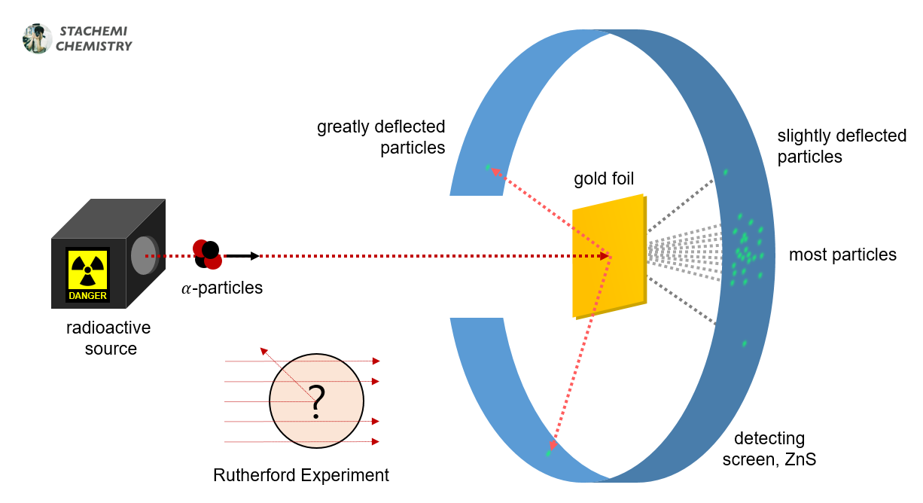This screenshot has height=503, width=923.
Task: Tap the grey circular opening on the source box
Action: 143,255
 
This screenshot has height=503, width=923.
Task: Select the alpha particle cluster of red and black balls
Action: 207,255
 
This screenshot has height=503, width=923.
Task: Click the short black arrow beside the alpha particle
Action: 242,256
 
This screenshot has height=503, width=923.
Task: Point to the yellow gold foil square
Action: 608,256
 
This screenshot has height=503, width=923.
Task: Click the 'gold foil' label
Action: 604,179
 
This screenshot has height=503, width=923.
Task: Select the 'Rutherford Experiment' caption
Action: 301,475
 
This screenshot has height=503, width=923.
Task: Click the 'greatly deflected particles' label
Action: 381,137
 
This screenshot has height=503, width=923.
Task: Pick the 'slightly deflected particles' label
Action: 842,146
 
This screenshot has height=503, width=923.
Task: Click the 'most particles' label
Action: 842,255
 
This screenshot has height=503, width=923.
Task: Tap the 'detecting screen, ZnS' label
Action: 769,449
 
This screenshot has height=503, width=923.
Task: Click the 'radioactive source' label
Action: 108,338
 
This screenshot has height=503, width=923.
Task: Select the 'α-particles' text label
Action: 222,288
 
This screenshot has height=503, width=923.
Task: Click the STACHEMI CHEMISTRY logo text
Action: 93,39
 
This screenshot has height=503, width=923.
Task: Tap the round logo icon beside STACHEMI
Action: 37,38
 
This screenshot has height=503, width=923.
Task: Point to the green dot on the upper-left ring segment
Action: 488,167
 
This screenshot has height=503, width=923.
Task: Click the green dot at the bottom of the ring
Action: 549,453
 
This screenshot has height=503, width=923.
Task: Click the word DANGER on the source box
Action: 88,296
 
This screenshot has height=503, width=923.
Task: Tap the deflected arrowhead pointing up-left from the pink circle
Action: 263,351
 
